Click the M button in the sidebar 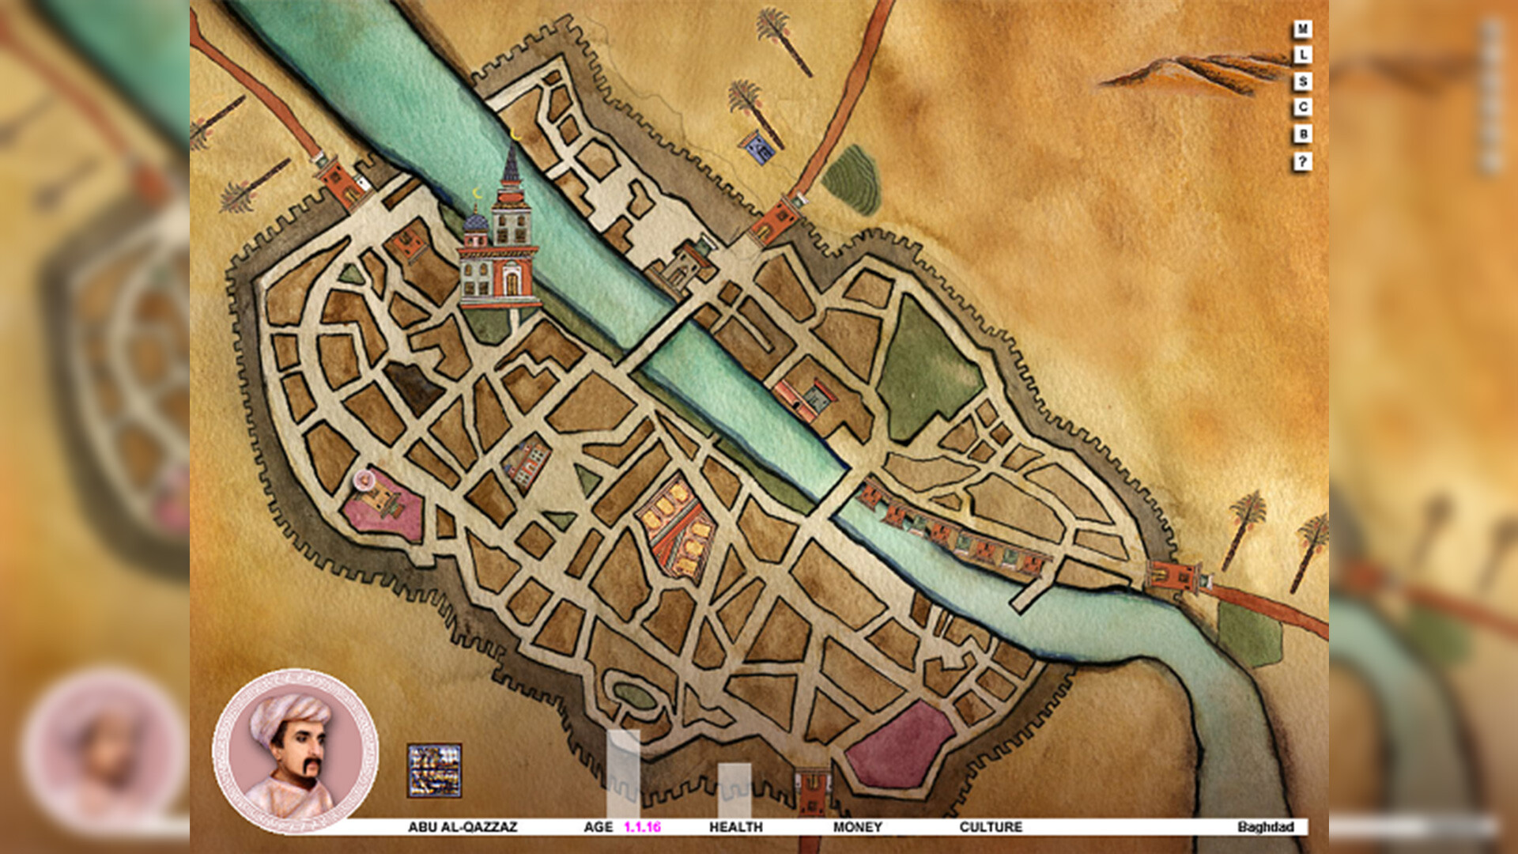tap(1302, 29)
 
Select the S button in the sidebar tap(1302, 81)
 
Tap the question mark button tap(1302, 162)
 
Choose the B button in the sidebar tap(1302, 134)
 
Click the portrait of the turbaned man tap(295, 751)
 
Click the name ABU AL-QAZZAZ tap(463, 827)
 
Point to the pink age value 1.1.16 tap(642, 827)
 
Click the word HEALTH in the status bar tap(735, 827)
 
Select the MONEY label tap(857, 827)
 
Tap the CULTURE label tap(991, 827)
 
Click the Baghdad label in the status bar tap(1265, 827)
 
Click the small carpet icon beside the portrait tap(434, 770)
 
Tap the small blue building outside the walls tap(758, 149)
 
